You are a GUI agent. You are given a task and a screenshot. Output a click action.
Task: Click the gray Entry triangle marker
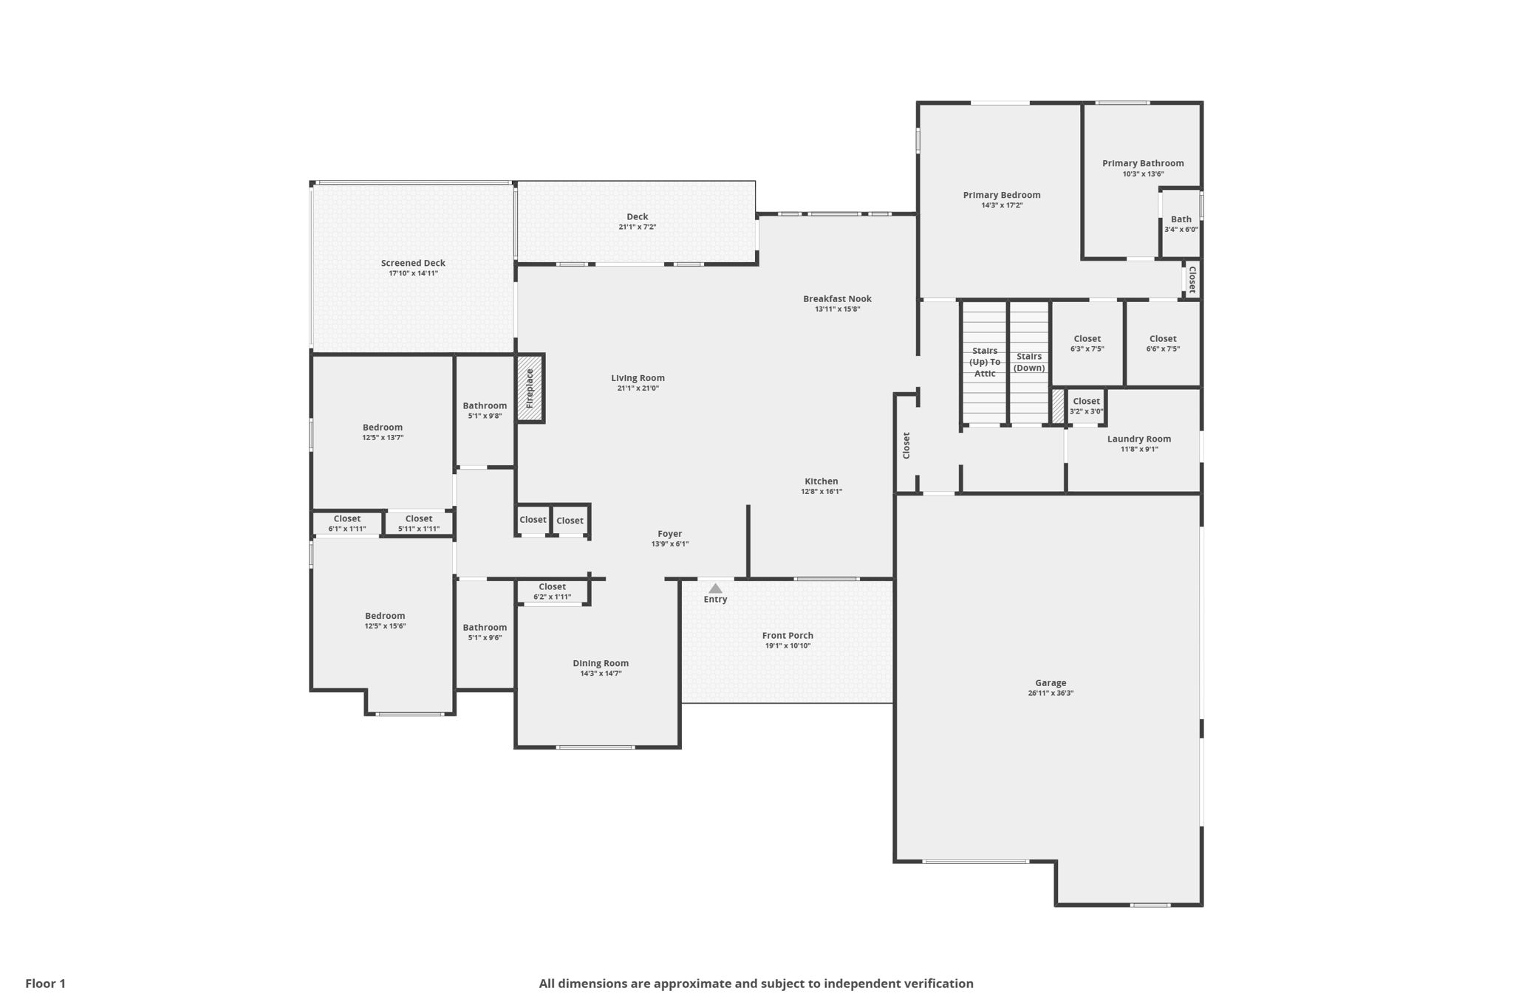pyautogui.click(x=715, y=589)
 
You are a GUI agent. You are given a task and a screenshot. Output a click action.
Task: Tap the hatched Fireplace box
pyautogui.click(x=530, y=388)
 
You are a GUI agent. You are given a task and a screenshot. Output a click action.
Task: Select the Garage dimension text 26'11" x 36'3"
pyautogui.click(x=1051, y=693)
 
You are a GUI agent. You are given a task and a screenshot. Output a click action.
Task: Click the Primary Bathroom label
pyautogui.click(x=1143, y=163)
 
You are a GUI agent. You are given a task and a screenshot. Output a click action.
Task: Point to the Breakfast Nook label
pyautogui.click(x=837, y=299)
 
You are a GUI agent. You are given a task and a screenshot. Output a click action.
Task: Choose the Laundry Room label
pyautogui.click(x=1138, y=439)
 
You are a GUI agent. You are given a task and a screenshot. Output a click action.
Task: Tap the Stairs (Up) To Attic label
pyautogui.click(x=985, y=362)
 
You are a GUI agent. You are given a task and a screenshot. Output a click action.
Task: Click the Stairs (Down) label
pyautogui.click(x=1029, y=362)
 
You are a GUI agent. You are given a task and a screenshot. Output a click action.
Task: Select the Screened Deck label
pyautogui.click(x=413, y=263)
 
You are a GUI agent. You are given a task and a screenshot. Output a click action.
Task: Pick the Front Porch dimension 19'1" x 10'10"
pyautogui.click(x=788, y=646)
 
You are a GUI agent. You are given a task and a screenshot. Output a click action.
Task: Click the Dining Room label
pyautogui.click(x=601, y=663)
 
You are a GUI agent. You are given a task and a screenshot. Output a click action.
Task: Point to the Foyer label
pyautogui.click(x=670, y=534)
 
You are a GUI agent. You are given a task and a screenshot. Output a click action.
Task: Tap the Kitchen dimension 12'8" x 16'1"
pyautogui.click(x=822, y=492)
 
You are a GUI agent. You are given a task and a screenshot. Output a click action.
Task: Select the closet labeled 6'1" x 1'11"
pyautogui.click(x=346, y=524)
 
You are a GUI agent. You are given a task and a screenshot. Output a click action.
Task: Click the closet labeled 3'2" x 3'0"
pyautogui.click(x=1086, y=406)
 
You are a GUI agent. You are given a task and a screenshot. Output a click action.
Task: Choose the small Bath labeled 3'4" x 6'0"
pyautogui.click(x=1181, y=224)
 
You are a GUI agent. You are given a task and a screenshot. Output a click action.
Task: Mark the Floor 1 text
pyautogui.click(x=46, y=984)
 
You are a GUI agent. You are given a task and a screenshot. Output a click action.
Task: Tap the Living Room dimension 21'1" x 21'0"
pyautogui.click(x=638, y=388)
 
